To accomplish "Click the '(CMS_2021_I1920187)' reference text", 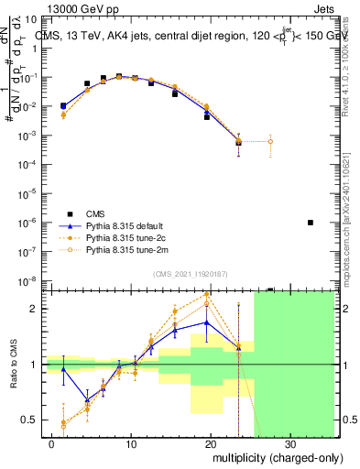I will click(x=190, y=274).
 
